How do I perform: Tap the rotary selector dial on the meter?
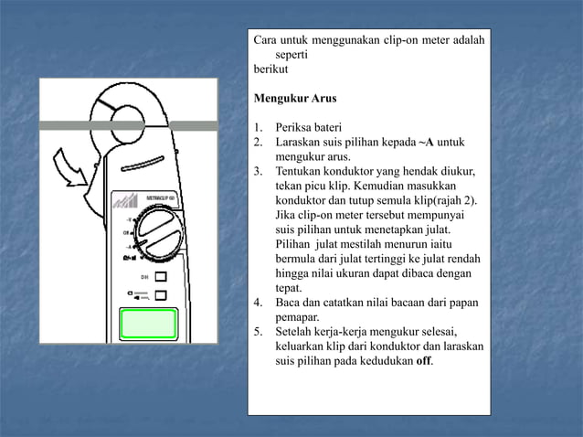point(160,237)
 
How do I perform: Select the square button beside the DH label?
point(161,275)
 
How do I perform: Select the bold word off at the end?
point(424,360)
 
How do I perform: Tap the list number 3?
point(258,171)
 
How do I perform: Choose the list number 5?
point(258,331)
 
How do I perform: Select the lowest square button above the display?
point(161,295)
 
